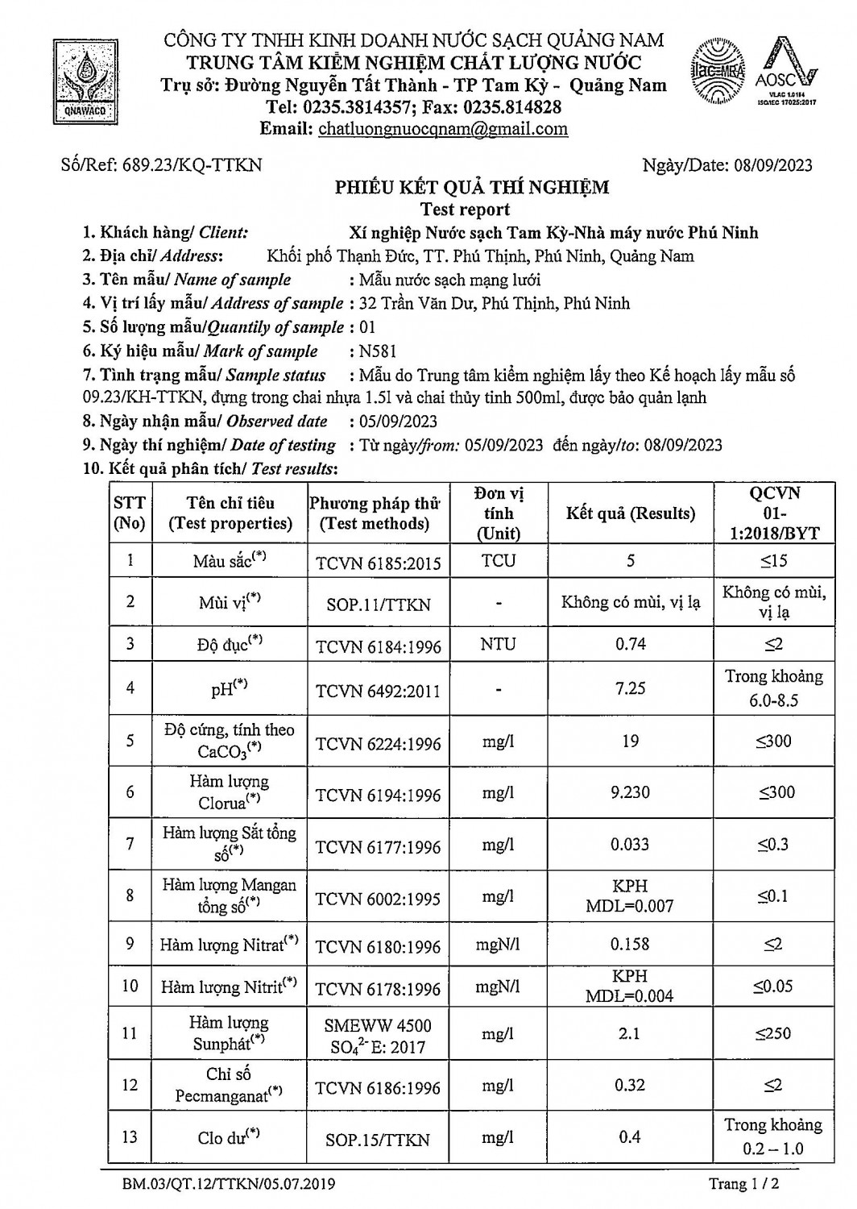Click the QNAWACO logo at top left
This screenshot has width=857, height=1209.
tap(84, 80)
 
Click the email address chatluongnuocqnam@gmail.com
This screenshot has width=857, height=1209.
tap(443, 129)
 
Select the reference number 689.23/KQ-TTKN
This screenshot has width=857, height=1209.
tap(192, 165)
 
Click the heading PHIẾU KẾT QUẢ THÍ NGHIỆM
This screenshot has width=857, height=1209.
tap(472, 188)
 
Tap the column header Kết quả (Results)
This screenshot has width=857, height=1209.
tap(630, 513)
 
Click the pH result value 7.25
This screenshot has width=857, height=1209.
tap(630, 688)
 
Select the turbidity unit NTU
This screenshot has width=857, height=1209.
tap(498, 644)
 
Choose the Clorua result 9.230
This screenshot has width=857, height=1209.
tap(630, 792)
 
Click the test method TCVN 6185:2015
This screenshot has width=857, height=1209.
tap(378, 563)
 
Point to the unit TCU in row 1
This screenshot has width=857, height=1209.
tap(498, 561)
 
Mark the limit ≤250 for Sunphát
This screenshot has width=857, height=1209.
tap(773, 1033)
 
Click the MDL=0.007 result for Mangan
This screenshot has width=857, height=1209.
tap(630, 906)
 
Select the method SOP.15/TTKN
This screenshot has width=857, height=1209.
tap(378, 1140)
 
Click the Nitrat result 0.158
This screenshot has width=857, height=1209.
tap(630, 944)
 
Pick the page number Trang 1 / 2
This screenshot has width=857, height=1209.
tap(743, 1184)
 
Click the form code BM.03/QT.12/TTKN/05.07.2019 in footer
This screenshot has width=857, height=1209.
tap(230, 1184)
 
